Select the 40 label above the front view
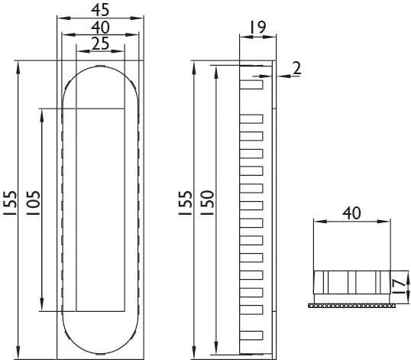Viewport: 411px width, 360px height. point(101,28)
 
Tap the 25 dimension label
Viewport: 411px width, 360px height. point(101,44)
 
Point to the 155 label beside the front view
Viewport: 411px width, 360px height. point(10,206)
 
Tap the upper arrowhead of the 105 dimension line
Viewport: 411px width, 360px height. point(44,112)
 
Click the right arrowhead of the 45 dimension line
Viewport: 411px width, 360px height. point(140,19)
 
